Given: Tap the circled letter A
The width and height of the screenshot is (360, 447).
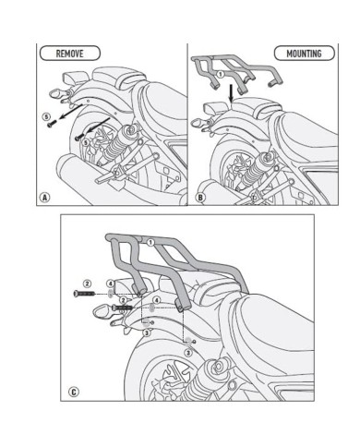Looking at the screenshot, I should click(x=45, y=197).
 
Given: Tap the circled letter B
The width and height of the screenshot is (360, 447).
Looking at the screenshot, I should click(x=200, y=197).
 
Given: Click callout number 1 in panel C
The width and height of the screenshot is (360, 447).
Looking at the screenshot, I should click(x=150, y=242).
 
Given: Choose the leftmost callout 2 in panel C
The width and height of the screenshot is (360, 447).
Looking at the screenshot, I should click(x=86, y=283).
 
